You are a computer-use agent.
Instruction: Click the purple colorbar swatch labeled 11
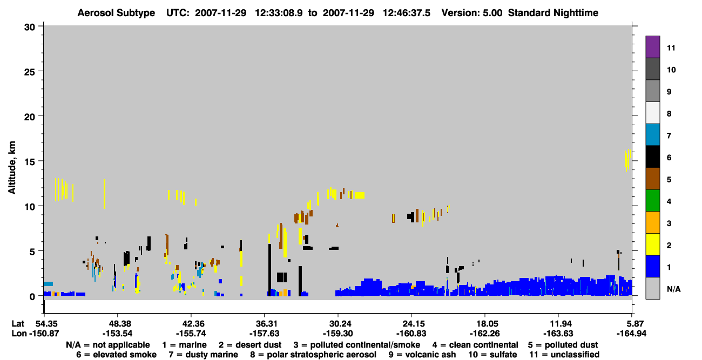coord(652,47)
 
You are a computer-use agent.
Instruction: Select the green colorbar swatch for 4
coord(652,201)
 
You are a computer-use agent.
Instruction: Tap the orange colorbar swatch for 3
coord(652,222)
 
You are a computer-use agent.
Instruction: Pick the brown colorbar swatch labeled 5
coord(652,179)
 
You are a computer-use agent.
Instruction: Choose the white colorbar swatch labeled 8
coord(652,113)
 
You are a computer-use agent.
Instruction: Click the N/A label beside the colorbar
coord(673,289)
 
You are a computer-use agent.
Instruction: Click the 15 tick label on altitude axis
coord(30,162)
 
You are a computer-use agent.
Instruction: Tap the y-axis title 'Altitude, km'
coord(11,168)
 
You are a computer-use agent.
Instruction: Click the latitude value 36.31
coord(265,323)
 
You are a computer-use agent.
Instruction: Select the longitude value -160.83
coord(411,334)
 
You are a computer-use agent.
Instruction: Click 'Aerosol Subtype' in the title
coord(116,13)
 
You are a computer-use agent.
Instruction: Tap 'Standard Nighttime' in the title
coord(553,13)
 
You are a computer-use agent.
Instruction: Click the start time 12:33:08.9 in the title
coord(279,13)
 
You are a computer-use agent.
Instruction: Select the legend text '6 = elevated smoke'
coord(116,355)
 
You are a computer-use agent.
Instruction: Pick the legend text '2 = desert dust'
coord(250,345)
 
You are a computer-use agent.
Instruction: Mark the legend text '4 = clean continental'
coord(475,345)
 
